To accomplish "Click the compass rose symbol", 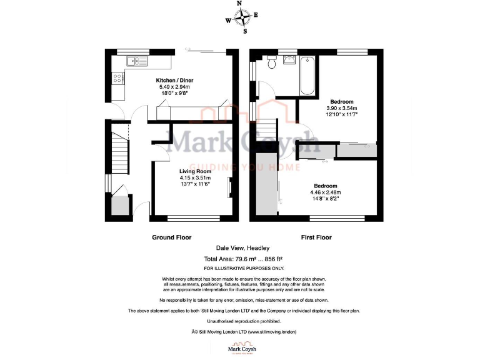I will [240, 17].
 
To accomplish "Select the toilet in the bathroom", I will [271, 63].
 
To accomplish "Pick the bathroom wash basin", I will [290, 60].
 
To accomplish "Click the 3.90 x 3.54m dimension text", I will [341, 108].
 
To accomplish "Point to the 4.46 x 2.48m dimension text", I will [325, 192].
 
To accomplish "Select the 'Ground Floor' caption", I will [171, 237].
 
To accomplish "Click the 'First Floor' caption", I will [316, 237].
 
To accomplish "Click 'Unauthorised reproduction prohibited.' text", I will [240, 321].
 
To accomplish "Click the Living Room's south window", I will [194, 218].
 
